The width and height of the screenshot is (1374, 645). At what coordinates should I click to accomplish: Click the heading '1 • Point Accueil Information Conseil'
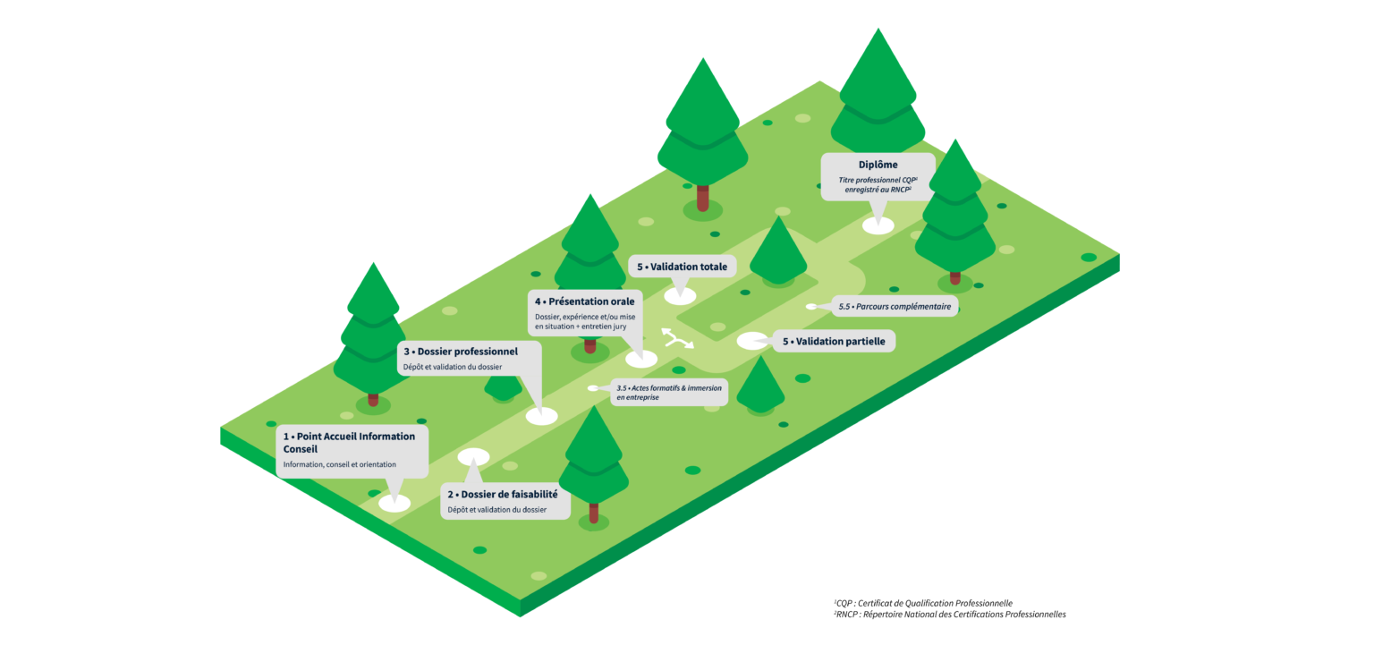pos(349,442)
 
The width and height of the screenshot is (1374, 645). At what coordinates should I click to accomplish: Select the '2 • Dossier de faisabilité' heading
pos(503,494)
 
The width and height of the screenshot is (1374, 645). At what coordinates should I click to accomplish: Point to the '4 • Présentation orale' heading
pos(584,301)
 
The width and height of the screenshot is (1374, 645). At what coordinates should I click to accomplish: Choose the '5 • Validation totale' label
pos(682,267)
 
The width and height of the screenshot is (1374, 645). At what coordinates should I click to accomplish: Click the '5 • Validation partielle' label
pos(833,341)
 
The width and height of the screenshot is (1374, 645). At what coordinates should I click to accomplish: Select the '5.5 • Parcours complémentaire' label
pos(895,307)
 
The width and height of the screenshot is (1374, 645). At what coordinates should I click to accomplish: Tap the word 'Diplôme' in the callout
pos(878,165)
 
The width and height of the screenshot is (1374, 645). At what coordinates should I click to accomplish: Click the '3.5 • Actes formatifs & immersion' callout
pos(668,392)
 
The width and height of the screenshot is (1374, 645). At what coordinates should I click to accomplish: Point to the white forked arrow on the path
pos(677,338)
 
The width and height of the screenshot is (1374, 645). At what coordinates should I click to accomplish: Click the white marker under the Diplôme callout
pos(878,225)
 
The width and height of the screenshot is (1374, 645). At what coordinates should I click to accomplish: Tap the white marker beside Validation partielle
pos(752,341)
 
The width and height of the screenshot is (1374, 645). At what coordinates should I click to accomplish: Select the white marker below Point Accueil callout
pos(394,503)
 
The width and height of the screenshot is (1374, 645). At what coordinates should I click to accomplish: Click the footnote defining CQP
pos(922,603)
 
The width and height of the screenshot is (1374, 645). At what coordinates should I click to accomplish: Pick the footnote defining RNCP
pos(949,615)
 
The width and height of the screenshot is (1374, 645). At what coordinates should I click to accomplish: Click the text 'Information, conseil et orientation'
pos(339,465)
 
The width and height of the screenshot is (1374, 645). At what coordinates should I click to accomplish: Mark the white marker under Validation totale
pos(680,296)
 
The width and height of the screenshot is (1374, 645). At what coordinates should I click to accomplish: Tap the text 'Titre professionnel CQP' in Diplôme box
pos(878,180)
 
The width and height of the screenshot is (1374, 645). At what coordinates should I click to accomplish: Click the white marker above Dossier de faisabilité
pos(473,457)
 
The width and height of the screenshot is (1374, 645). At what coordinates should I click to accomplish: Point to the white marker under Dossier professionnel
pos(541,415)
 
